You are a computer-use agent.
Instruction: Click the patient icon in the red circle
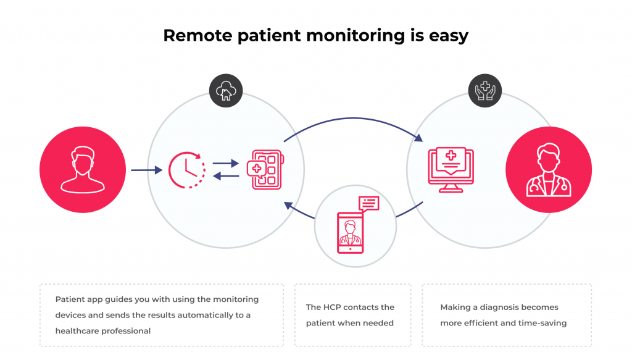coord(82,169)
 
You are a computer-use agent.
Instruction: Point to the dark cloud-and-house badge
coord(225,92)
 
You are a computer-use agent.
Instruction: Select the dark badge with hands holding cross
coord(485,92)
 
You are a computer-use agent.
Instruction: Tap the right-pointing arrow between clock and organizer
coord(226,164)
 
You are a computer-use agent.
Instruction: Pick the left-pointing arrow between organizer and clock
coord(226,177)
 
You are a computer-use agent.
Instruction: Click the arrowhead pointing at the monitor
coord(420,138)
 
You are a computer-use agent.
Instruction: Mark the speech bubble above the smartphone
coord(368,204)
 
